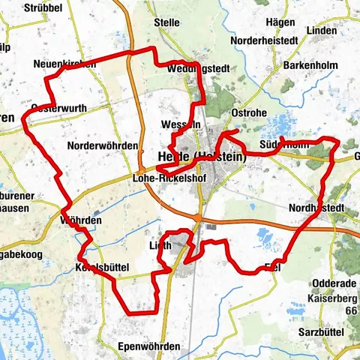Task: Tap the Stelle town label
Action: coord(166,22)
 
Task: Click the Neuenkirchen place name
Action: coord(65,64)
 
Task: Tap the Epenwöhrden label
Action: coord(149,346)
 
